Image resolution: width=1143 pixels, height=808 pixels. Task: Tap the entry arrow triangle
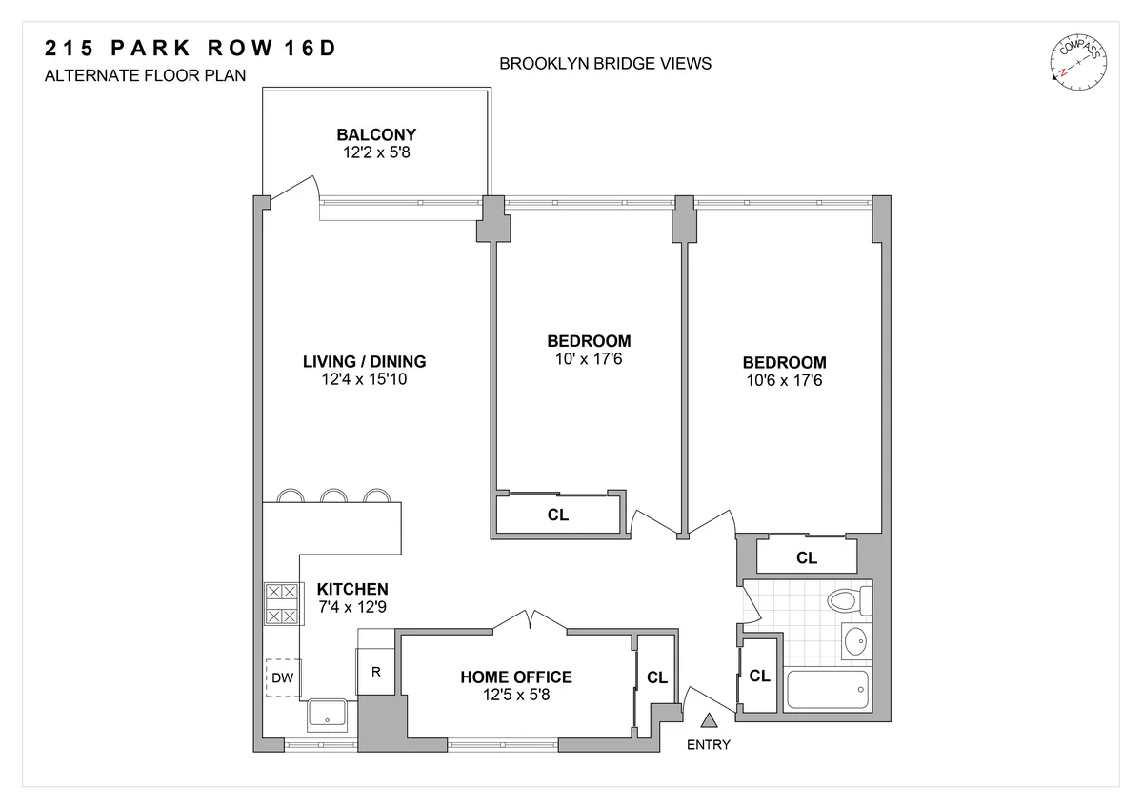(709, 723)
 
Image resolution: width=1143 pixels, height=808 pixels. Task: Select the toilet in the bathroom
(846, 601)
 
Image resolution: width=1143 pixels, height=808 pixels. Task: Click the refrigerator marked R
(376, 671)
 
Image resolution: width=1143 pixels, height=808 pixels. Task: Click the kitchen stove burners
(282, 604)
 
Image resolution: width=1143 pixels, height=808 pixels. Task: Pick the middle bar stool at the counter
(332, 496)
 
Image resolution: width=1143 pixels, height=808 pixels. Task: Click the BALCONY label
(375, 134)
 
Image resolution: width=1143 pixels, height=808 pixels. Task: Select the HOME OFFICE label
(516, 677)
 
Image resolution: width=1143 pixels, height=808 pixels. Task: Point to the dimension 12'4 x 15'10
(364, 379)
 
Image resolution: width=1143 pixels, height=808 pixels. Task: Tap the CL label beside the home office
(656, 677)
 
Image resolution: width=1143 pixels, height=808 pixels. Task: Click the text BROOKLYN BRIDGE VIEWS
(605, 64)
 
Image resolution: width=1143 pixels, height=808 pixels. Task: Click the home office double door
(530, 620)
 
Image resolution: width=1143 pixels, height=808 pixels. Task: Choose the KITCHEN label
(352, 589)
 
